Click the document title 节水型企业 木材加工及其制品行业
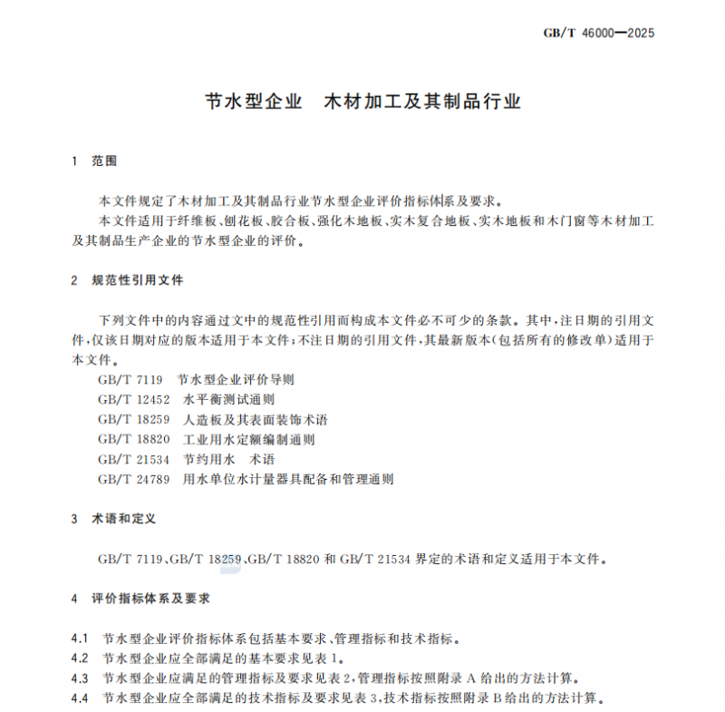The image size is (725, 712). point(363,101)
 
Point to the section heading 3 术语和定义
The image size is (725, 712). point(113,519)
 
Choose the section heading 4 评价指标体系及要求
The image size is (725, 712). point(140,599)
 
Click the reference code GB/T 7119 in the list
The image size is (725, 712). point(130,379)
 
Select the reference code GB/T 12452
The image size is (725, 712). point(133,399)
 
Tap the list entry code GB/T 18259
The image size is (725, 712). point(133,419)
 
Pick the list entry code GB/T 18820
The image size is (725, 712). point(133,439)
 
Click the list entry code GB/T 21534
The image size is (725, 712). point(133,459)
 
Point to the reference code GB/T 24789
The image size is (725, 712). point(133,479)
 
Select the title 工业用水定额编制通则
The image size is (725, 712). point(248,439)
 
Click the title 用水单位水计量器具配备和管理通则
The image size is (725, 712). point(288,479)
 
